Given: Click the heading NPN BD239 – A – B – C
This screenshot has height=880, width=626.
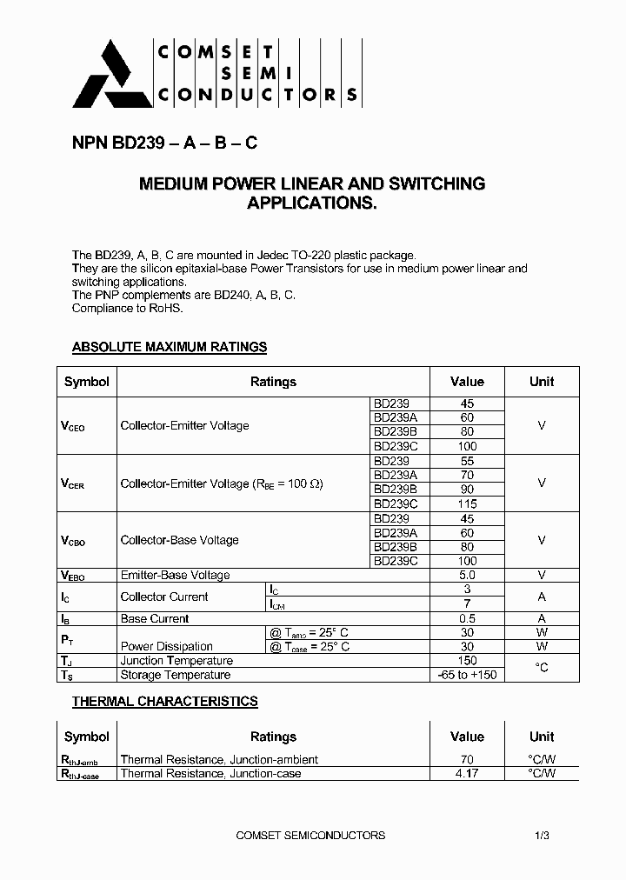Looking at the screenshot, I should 164,144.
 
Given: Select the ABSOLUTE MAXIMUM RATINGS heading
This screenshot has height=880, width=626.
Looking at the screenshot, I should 169,347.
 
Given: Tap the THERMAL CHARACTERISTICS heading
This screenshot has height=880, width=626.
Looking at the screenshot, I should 164,701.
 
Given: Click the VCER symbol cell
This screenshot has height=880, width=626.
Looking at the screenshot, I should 73,483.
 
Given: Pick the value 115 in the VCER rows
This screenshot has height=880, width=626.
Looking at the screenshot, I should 467,503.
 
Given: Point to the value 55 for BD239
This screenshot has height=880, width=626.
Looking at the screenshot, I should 467,461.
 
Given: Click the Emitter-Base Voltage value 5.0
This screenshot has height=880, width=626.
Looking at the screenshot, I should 467,575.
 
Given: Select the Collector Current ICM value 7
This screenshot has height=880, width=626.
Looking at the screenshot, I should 467,603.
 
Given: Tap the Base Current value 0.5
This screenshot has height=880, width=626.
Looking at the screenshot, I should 467,618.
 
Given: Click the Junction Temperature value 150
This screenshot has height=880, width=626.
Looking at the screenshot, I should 467,661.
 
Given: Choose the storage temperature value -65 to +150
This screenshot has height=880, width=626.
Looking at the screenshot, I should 467,675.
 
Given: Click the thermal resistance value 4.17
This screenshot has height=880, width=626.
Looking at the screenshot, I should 467,773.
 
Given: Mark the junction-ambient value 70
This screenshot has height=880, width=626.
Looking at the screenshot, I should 467,759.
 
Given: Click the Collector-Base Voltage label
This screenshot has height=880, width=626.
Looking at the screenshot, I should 179,540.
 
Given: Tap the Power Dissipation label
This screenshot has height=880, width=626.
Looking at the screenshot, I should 166,646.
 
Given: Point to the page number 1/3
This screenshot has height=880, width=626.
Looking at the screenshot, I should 543,835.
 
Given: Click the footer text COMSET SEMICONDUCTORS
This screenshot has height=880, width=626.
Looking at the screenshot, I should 310,835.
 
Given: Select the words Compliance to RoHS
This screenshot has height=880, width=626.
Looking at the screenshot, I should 128,308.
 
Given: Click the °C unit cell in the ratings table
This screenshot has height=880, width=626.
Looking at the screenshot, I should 542,668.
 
